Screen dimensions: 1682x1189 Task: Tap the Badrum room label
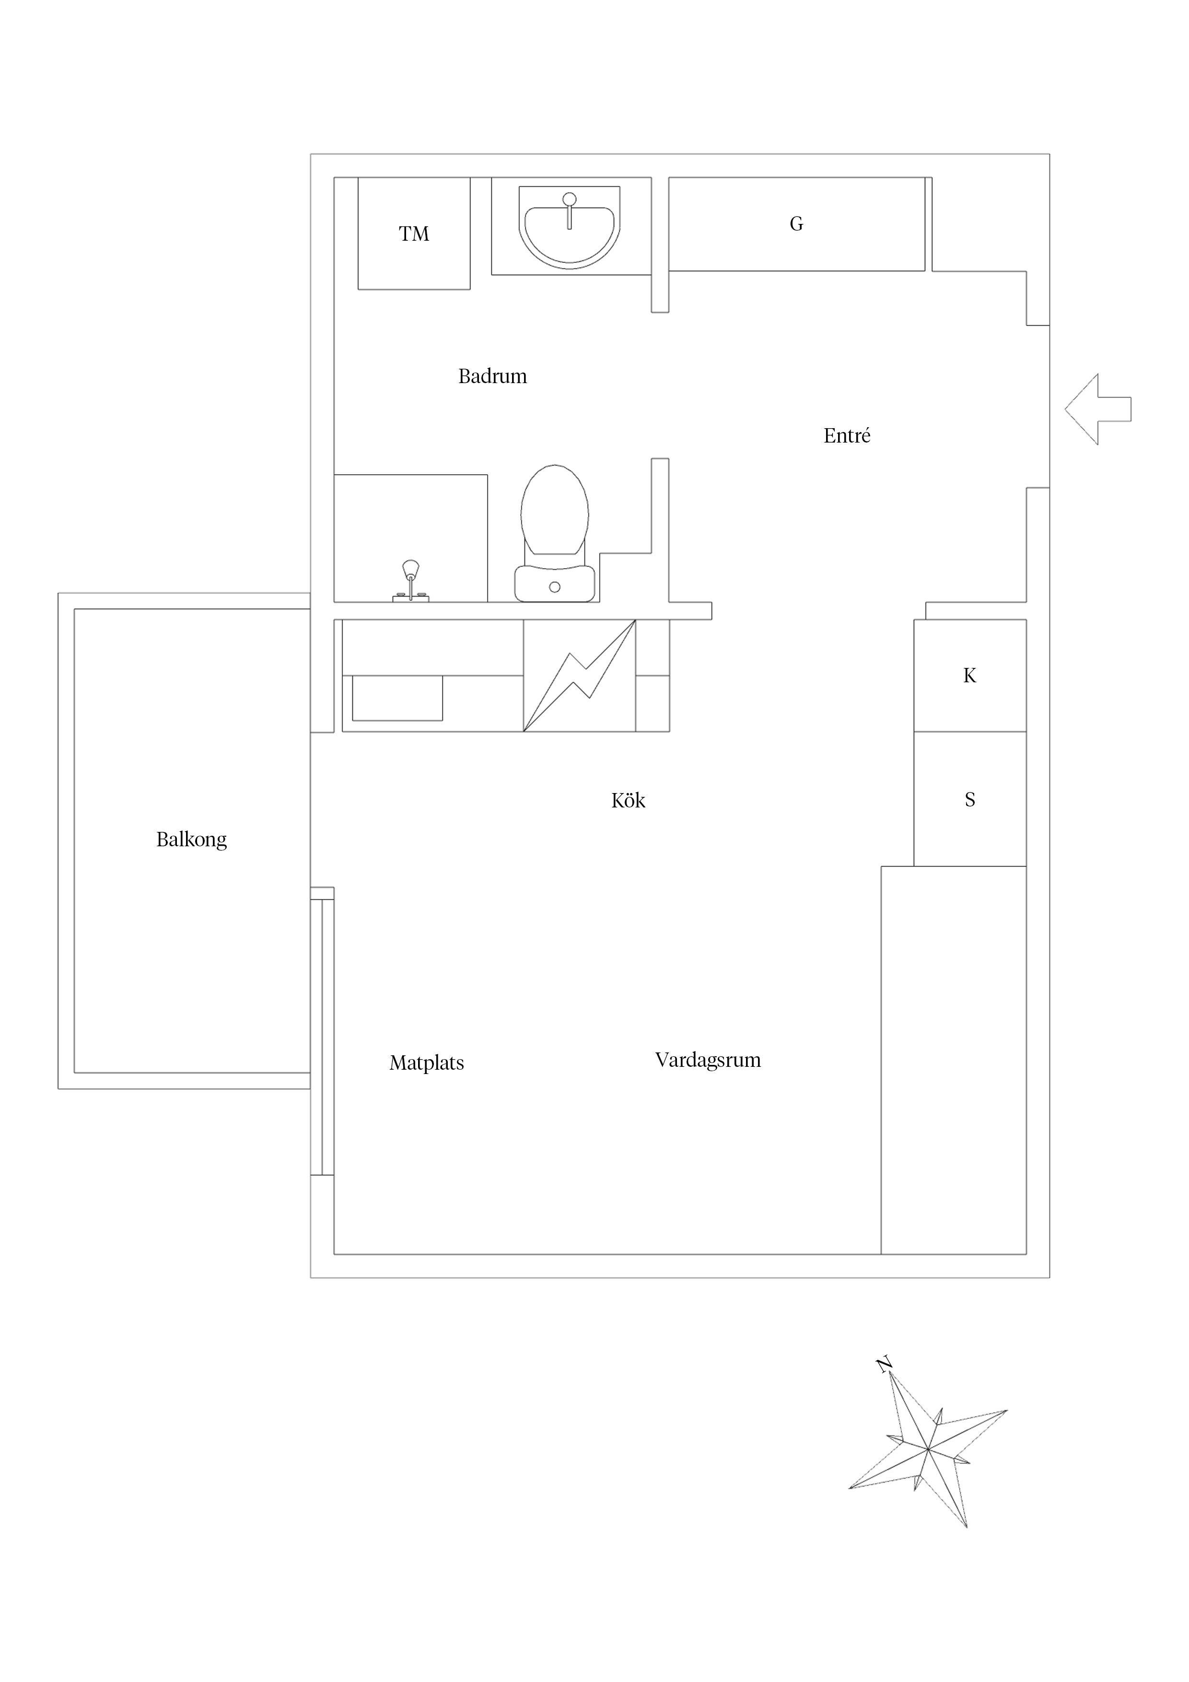click(492, 376)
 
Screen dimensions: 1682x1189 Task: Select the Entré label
click(847, 436)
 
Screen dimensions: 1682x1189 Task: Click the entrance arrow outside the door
click(1096, 409)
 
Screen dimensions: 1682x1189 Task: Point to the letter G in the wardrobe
click(796, 223)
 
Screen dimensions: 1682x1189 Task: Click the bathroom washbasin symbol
click(569, 231)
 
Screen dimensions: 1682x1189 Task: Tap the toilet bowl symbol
click(555, 511)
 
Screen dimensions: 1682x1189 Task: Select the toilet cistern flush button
click(555, 587)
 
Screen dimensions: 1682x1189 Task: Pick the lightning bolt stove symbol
click(580, 676)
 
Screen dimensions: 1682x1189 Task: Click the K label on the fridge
click(969, 676)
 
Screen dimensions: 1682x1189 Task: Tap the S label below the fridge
click(970, 799)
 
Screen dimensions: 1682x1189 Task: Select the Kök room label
click(628, 801)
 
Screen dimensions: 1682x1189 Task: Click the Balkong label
click(191, 840)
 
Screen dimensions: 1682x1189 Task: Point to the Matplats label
click(426, 1063)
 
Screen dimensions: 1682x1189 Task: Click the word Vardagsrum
click(708, 1060)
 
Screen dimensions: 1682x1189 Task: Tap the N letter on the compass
click(884, 1364)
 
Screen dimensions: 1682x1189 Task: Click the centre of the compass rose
click(928, 1448)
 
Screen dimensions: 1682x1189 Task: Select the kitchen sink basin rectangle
click(397, 698)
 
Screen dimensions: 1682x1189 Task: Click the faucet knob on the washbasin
click(569, 199)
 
